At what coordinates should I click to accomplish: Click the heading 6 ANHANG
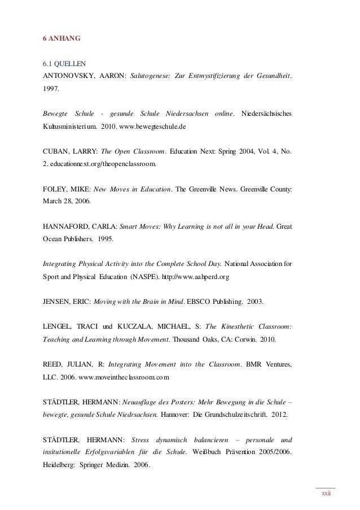coord(62,39)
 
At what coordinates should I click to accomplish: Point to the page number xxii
coord(325,493)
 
